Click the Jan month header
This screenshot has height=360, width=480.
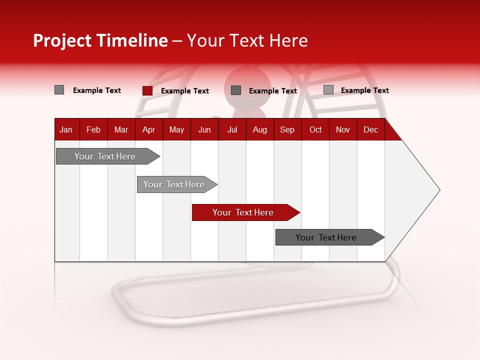[x=66, y=130]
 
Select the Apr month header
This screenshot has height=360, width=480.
[x=148, y=130]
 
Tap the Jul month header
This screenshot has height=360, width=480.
[x=232, y=130]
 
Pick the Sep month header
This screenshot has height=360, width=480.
[x=287, y=130]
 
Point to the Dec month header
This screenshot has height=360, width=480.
[x=370, y=130]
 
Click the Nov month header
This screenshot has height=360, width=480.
[x=342, y=130]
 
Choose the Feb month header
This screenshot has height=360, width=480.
[x=93, y=130]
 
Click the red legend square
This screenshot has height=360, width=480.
[x=147, y=90]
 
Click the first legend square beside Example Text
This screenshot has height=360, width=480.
[x=59, y=90]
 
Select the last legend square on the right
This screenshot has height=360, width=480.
[x=328, y=90]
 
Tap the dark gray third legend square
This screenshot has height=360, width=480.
[x=236, y=90]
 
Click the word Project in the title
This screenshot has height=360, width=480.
[x=62, y=40]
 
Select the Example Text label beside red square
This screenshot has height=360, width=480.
[x=184, y=91]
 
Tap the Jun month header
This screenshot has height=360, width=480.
[x=204, y=130]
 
